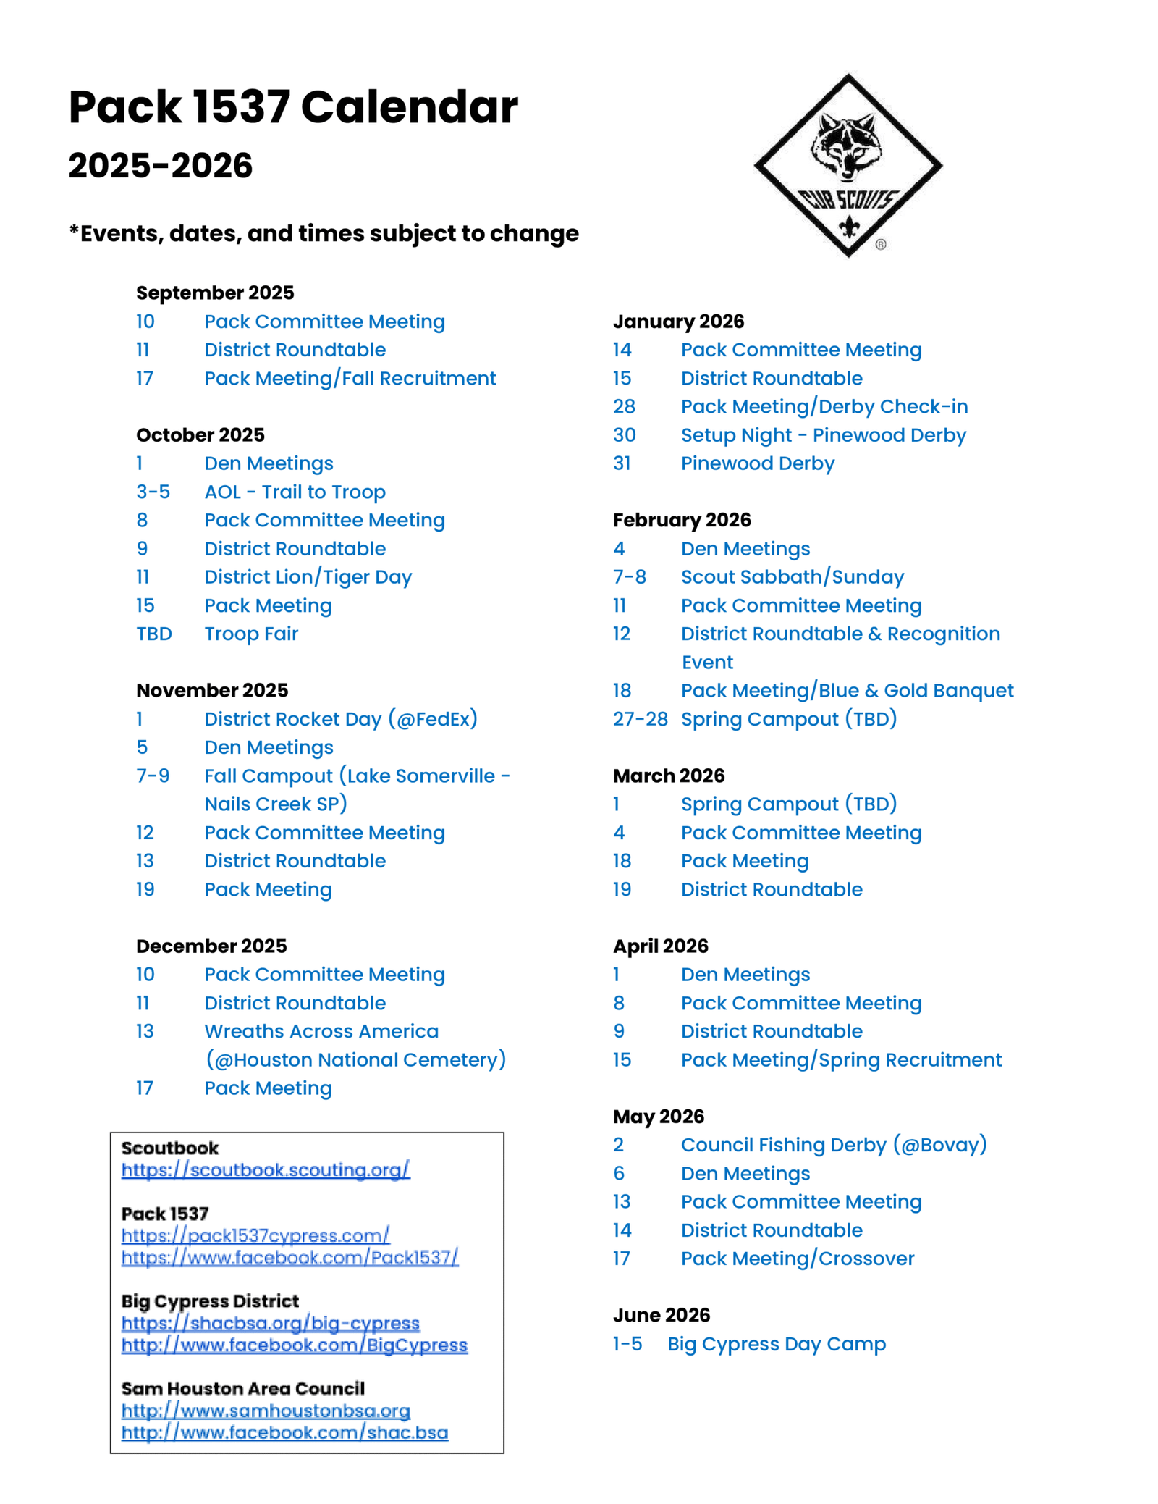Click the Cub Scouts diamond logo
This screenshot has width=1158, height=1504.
click(x=848, y=165)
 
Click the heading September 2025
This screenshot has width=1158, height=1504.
click(x=215, y=293)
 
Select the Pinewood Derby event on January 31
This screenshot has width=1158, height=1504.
click(x=757, y=463)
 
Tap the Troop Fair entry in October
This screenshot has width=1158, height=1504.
click(x=251, y=634)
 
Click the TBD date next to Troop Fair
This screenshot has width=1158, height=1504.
click(x=154, y=634)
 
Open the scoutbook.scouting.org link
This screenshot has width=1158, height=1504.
click(x=265, y=1169)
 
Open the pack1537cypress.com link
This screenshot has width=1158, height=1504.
click(x=255, y=1235)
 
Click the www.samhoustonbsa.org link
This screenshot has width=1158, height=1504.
click(x=266, y=1411)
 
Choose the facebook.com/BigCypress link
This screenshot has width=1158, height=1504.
click(x=294, y=1345)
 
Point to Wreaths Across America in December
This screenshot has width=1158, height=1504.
click(x=321, y=1031)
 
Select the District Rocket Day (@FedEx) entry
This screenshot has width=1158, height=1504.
click(x=340, y=719)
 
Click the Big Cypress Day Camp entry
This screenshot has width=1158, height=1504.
click(x=776, y=1344)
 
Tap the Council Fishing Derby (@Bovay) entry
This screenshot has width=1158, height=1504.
click(x=834, y=1145)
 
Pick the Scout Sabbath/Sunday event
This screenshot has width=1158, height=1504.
click(x=793, y=577)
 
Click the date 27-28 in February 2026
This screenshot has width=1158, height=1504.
click(x=640, y=719)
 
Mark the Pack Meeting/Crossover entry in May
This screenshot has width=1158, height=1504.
click(x=798, y=1259)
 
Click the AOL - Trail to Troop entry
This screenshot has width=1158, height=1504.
click(x=295, y=492)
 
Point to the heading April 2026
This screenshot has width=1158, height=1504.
click(x=660, y=946)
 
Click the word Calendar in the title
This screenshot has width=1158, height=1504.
click(x=409, y=107)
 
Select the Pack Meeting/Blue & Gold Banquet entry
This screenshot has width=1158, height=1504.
click(x=847, y=691)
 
